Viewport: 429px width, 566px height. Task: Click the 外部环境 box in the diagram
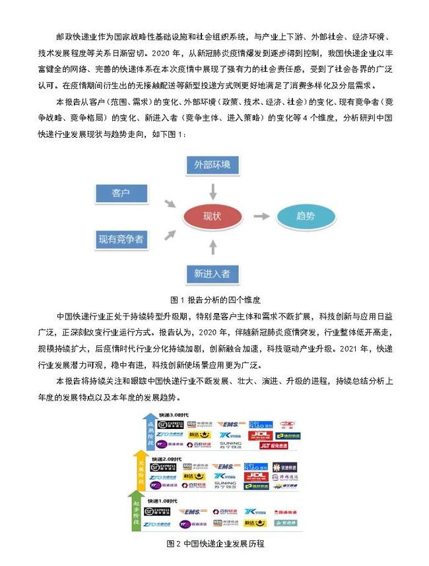point(213,164)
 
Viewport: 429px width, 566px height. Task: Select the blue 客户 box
point(121,193)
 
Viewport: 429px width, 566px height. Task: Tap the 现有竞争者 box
point(121,239)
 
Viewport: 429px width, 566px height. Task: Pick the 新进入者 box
point(213,273)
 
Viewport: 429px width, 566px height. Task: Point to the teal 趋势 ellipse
point(305,216)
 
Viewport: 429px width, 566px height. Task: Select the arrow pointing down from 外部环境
point(213,190)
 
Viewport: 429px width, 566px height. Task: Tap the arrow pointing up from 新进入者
point(213,247)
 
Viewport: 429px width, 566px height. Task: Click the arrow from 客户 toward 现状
point(170,204)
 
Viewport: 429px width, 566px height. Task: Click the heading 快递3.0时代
point(166,414)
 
